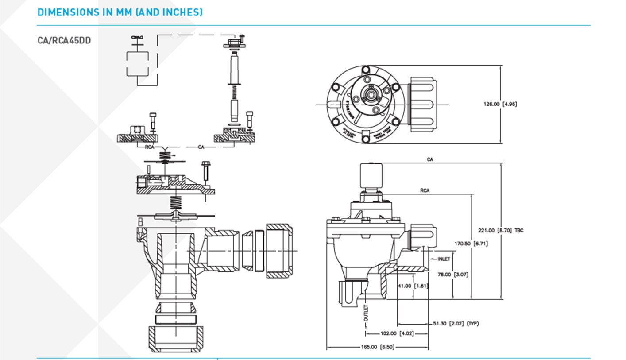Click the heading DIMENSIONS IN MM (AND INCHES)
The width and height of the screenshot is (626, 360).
point(120,12)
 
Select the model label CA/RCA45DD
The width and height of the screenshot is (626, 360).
point(64,40)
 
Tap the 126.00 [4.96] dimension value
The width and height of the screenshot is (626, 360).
point(500,104)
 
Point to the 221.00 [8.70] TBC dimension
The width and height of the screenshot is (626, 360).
point(500,230)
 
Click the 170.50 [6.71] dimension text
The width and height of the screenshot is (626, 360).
point(471,244)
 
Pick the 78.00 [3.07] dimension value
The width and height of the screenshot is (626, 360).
point(452,275)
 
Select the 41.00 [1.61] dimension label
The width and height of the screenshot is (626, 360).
point(413,286)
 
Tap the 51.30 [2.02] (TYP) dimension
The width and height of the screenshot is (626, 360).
point(456,324)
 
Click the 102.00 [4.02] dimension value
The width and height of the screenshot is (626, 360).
point(397,333)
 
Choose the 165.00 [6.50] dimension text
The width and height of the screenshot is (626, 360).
point(377,347)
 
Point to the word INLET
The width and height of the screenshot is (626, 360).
point(444,259)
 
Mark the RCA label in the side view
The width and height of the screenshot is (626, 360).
point(425,191)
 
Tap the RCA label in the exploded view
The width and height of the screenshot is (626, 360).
point(150,147)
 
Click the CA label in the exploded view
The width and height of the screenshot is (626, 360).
point(201,147)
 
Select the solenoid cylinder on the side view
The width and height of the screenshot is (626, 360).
point(371,176)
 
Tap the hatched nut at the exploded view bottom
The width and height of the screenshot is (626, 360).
point(176,339)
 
